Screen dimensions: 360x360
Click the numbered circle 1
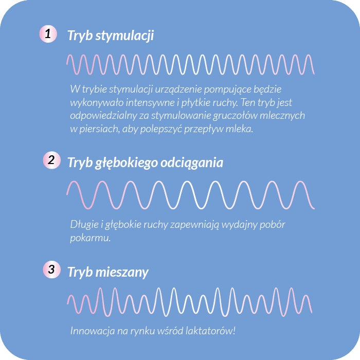(48, 34)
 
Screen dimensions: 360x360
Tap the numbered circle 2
(50, 160)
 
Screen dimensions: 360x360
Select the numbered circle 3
(50, 269)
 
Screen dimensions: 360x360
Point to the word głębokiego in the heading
(122, 163)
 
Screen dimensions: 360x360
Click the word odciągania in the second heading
(191, 163)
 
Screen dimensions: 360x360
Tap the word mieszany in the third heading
(121, 272)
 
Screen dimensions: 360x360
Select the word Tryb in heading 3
(80, 272)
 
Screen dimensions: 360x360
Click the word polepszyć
(165, 129)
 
